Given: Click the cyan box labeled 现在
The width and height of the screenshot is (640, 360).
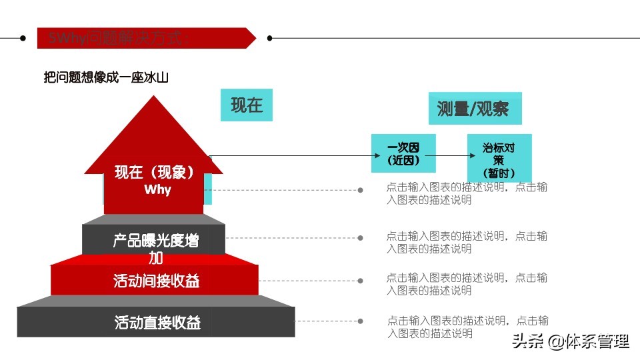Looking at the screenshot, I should click(247, 105).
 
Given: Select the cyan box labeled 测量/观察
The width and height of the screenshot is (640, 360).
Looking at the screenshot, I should click(475, 109).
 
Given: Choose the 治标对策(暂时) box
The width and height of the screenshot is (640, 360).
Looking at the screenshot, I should click(499, 158).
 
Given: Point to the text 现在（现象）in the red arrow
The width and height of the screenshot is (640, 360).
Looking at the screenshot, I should click(154, 173).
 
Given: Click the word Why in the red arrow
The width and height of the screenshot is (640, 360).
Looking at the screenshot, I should click(157, 190).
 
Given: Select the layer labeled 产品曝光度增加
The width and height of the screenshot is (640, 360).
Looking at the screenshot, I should click(155, 241).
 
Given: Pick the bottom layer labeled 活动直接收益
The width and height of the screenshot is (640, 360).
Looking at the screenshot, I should click(157, 323).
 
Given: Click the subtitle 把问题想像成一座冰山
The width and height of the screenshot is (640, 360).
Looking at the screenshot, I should click(106, 78).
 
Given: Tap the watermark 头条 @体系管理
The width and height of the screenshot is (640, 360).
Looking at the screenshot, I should click(570, 342).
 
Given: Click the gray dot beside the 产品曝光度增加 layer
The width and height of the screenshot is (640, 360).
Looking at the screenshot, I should click(361, 238).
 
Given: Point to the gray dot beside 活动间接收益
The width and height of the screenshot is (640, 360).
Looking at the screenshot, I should click(361, 281).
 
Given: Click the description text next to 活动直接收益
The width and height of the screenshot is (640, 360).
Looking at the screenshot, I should click(467, 327).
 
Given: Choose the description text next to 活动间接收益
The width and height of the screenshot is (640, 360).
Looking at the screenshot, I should click(467, 284).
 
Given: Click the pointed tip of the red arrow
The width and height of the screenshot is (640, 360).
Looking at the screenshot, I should click(154, 97).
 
